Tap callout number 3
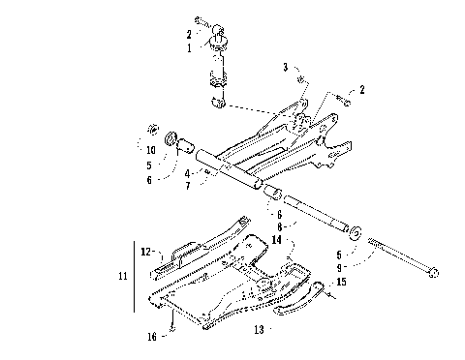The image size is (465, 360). point(286,67)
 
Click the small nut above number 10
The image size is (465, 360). point(152,128)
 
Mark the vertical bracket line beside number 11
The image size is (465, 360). point(133,277)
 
